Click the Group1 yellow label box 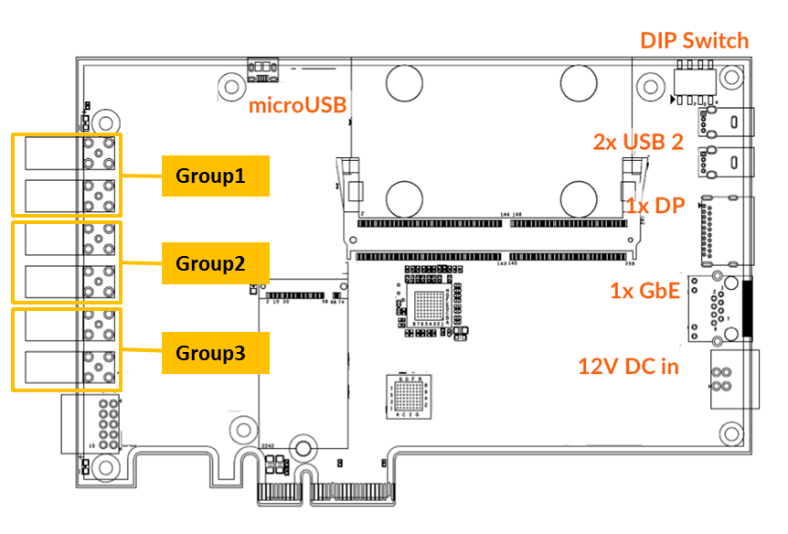point(216,176)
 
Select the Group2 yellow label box point(216,263)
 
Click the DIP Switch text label point(694,41)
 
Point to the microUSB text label point(298,106)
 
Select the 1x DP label point(655,206)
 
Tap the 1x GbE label point(645,291)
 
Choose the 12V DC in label point(628,367)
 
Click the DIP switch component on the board point(695,80)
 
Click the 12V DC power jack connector point(731,377)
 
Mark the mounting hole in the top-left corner point(107,120)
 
